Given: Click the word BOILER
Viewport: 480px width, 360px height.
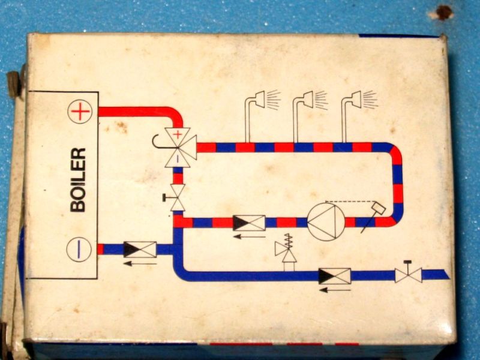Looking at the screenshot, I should pyautogui.click(x=79, y=179).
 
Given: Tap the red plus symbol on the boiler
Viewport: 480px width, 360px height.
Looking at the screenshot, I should pyautogui.click(x=80, y=112).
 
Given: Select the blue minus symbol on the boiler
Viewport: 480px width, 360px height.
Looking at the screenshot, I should pyautogui.click(x=80, y=248).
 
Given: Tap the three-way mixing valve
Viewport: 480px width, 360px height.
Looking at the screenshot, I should pyautogui.click(x=178, y=146).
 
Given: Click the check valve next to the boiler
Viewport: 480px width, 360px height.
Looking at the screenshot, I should pyautogui.click(x=140, y=249).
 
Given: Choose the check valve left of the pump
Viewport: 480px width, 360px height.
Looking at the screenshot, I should pyautogui.click(x=249, y=223).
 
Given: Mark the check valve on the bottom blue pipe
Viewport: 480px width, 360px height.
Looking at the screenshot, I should pyautogui.click(x=335, y=276).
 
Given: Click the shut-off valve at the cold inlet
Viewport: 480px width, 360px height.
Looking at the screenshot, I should pyautogui.click(x=408, y=275).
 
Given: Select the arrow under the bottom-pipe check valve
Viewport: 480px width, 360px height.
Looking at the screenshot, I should pyautogui.click(x=335, y=290).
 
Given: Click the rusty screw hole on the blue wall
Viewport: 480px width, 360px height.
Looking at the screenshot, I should pyautogui.click(x=443, y=12).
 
